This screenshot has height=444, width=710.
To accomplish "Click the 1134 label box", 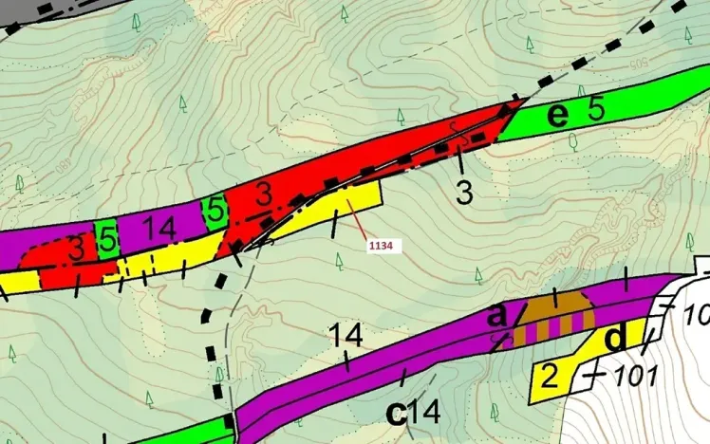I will (x=383, y=246).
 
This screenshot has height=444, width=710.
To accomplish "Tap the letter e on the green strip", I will (x=560, y=115).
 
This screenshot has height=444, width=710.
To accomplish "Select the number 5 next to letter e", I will (x=595, y=109).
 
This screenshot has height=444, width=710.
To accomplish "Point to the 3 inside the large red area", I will (x=264, y=194).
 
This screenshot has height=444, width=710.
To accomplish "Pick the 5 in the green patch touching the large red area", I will (x=215, y=208).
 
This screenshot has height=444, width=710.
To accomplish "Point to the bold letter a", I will (x=496, y=313).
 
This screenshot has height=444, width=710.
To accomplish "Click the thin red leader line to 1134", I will (x=361, y=222).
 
